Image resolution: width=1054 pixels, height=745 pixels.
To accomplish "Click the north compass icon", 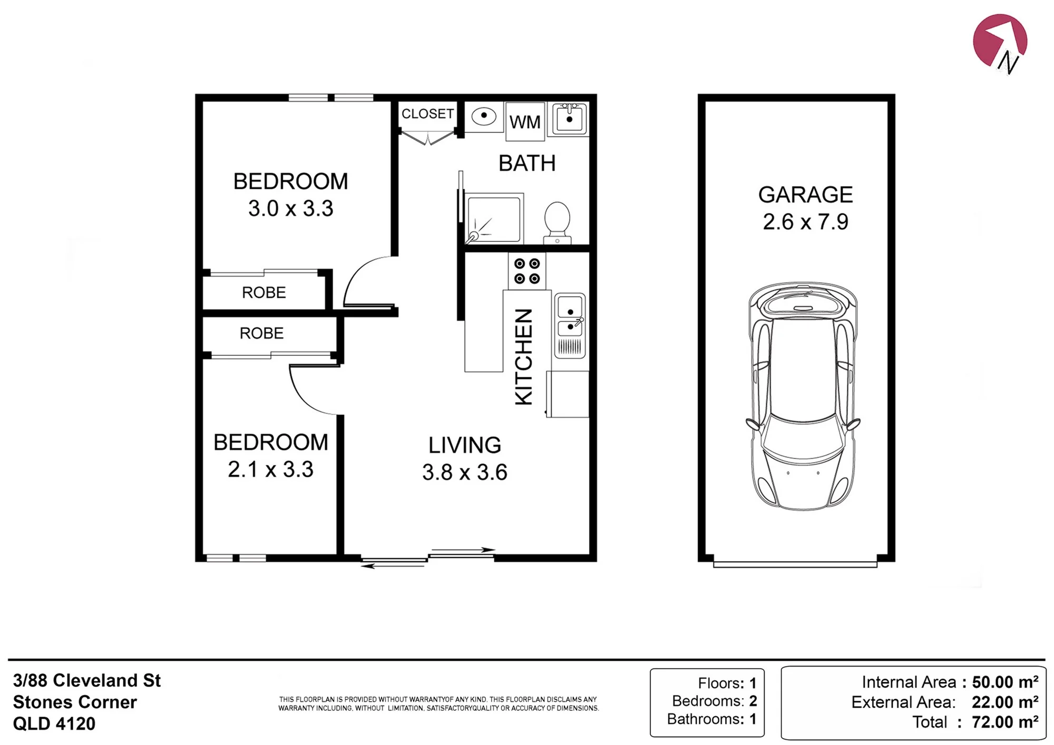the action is (x=1000, y=42).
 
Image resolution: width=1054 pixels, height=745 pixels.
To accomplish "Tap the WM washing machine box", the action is (x=525, y=121).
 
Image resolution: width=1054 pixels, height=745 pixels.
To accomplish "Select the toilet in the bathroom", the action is (x=557, y=222).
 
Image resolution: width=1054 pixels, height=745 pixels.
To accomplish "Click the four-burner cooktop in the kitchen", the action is (x=527, y=271).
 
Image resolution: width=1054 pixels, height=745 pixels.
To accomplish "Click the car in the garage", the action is (x=803, y=396).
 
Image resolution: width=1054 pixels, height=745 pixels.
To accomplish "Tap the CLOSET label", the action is (x=427, y=114).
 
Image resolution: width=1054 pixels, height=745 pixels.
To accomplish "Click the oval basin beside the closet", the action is (x=483, y=115).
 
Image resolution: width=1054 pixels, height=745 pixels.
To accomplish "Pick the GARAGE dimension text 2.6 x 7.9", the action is (x=805, y=222).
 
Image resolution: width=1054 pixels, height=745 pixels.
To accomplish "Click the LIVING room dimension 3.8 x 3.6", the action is (x=464, y=472).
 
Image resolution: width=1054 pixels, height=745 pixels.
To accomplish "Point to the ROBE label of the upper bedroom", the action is (x=263, y=292).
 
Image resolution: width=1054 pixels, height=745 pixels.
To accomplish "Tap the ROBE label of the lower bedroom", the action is (x=261, y=333).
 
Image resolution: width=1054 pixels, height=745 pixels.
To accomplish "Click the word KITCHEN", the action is (x=524, y=357).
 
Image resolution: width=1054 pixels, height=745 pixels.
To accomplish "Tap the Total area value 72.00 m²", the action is (x=1004, y=722).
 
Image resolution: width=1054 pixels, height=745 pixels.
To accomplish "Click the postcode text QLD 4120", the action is (x=54, y=724).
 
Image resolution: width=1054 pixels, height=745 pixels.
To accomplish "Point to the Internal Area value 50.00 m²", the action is (x=1005, y=682).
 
